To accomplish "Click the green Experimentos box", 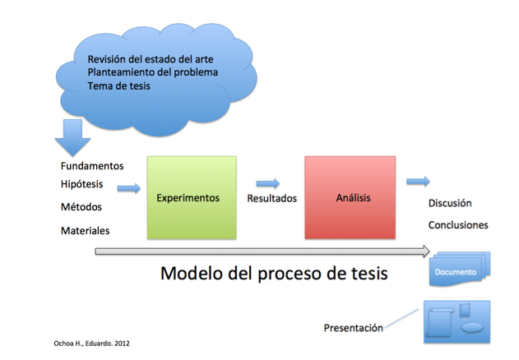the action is point(192,197).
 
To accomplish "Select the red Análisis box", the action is point(350,197).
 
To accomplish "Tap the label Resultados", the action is point(271,198).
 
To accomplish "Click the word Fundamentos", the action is point(92,166).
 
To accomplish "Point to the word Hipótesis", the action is point(81,184).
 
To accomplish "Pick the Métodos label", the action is point(81,207).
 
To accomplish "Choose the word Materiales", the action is point(85,231).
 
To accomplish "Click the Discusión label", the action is point(450,203).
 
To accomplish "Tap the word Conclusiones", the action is point(458,225).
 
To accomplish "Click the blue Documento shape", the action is point(460,269).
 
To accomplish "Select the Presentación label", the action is point(353,328).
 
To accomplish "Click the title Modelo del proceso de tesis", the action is point(274,274).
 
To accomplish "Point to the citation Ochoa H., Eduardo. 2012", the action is point(91,344).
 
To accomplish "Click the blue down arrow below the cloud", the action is point(72,137).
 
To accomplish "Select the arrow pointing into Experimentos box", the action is point(129,188).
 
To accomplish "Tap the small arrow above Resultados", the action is point(268,183).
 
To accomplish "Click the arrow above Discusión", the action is point(418,181).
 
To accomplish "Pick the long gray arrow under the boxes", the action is point(262,252).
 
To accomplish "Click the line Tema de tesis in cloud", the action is point(118,86).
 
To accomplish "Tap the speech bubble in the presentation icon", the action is point(472,328).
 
